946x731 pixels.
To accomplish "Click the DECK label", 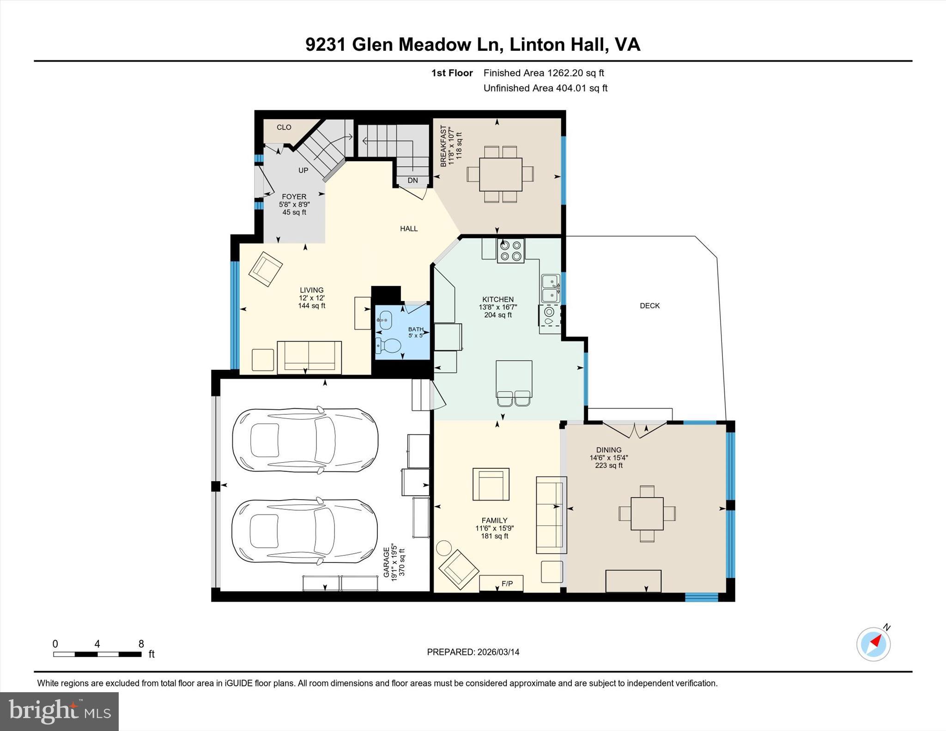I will tap(649, 306).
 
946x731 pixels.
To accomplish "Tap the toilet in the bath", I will tap(388, 345).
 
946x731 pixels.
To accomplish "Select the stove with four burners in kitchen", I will tap(510, 251).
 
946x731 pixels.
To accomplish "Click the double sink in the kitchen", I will tap(550, 289).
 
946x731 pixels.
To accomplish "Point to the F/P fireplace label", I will tap(507, 584).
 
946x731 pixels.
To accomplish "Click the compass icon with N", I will tap(873, 644).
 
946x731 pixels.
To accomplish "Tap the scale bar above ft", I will tap(97, 654).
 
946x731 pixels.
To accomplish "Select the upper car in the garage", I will tap(305, 440).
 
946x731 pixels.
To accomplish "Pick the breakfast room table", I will tap(500, 175).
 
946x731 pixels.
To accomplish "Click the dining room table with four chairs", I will tap(647, 514).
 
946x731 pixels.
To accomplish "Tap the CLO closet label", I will tap(284, 127).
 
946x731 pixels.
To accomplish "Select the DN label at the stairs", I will tap(412, 181).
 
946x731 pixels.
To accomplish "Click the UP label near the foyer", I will tap(303, 170).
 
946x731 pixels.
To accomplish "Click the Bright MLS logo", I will tap(59, 711).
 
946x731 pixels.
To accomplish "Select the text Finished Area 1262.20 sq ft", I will tap(543, 73).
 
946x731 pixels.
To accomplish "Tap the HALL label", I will tap(408, 229).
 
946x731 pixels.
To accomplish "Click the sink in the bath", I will tap(384, 320).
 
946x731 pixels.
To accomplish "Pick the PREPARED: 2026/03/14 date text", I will tap(473, 652).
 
